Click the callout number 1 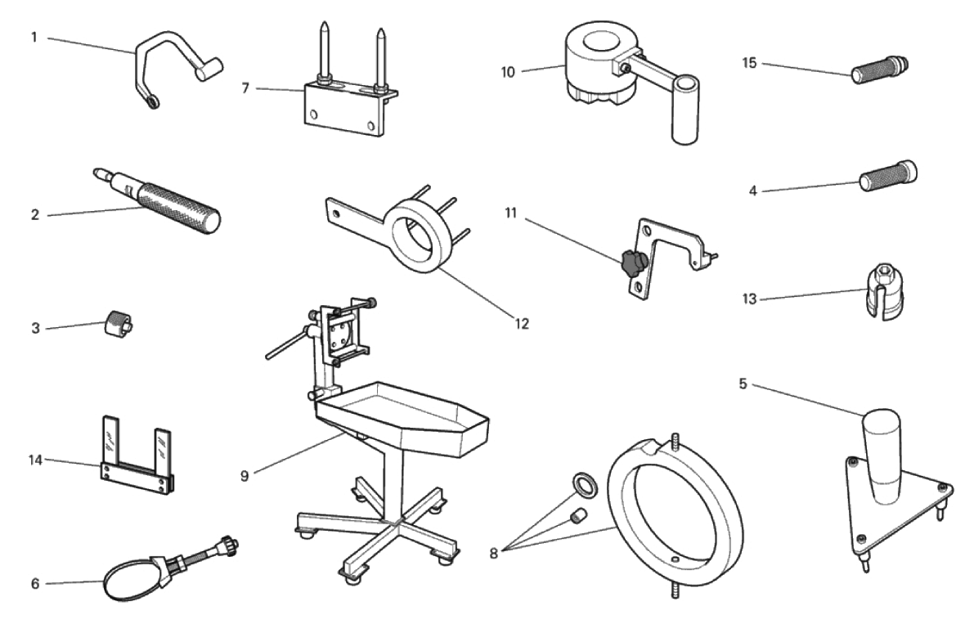[x=35, y=38]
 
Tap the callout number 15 [x=750, y=63]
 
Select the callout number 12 [x=522, y=323]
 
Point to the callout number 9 [x=245, y=476]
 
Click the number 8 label [x=494, y=553]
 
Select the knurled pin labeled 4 [x=888, y=176]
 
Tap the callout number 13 [x=750, y=299]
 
